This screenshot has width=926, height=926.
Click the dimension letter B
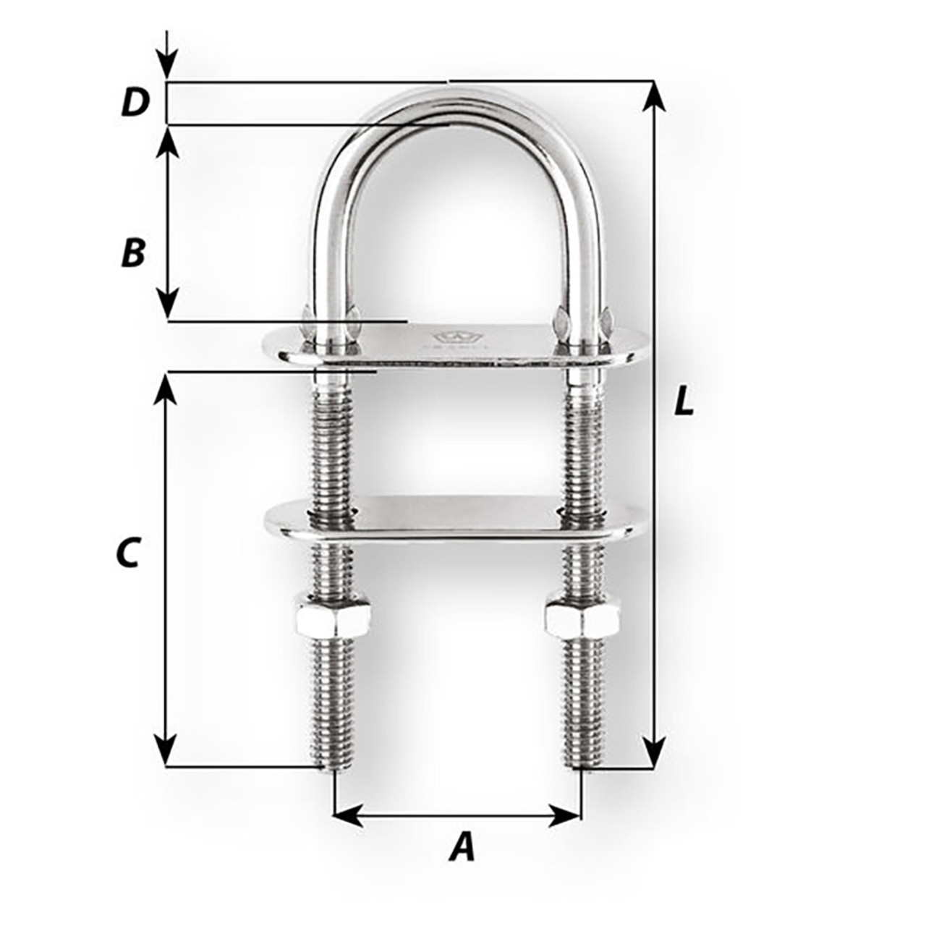(133, 253)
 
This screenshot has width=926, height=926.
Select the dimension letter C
(127, 553)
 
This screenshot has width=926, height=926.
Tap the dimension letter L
(683, 402)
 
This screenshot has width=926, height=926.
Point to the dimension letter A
(462, 847)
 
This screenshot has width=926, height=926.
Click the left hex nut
(334, 616)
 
